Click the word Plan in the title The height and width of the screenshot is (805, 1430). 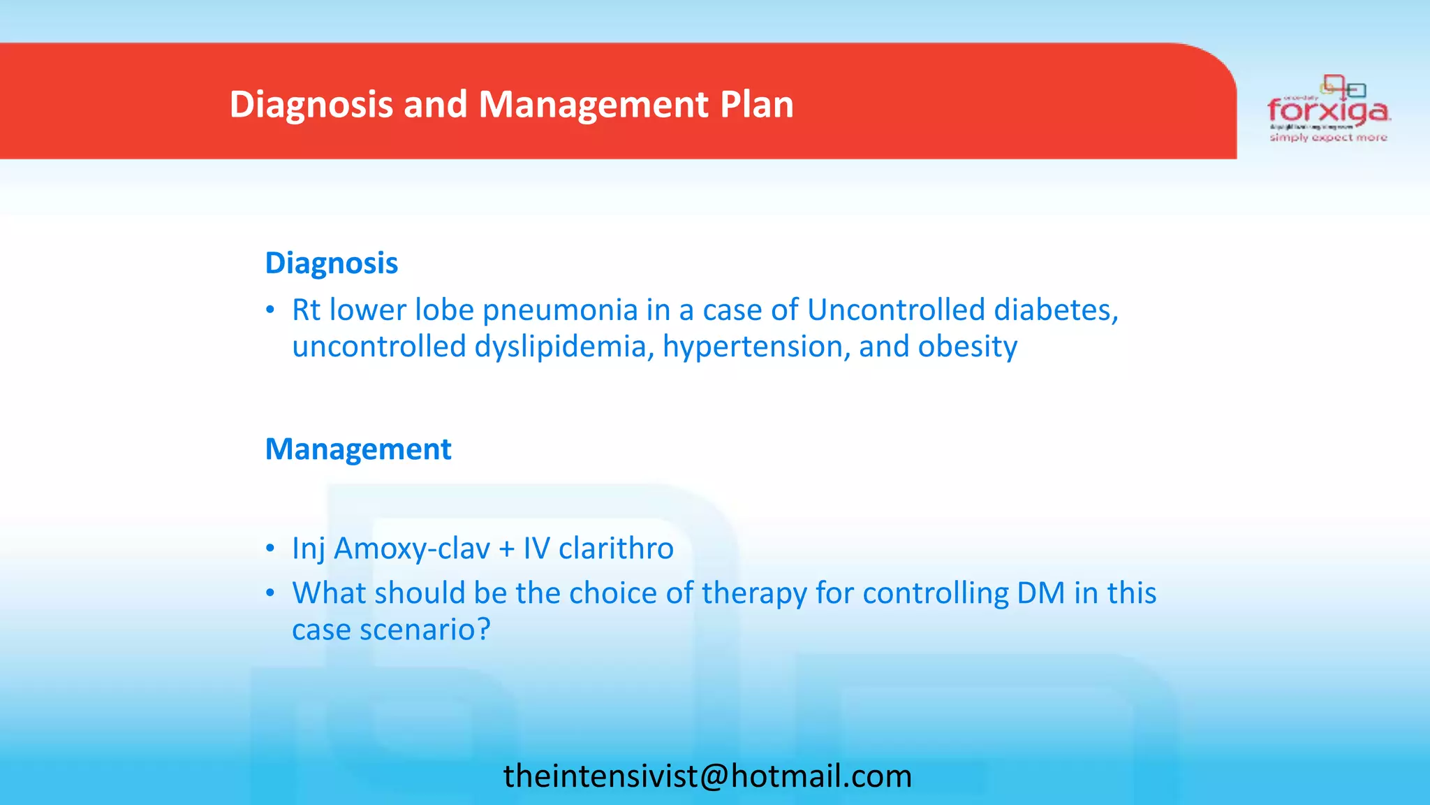tap(756, 104)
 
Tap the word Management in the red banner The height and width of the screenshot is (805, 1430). tap(594, 104)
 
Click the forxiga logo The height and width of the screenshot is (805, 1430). tap(1329, 110)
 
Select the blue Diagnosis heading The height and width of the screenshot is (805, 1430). tap(331, 263)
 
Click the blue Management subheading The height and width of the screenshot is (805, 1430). tap(358, 449)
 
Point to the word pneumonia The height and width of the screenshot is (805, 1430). tap(560, 310)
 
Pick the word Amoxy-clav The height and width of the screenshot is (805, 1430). tap(412, 549)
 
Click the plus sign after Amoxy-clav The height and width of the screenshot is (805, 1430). tap(507, 549)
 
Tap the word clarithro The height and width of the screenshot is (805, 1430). tap(616, 549)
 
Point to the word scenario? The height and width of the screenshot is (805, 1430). tap(425, 630)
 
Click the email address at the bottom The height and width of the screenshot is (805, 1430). tap(707, 776)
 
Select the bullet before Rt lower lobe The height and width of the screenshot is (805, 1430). tap(270, 311)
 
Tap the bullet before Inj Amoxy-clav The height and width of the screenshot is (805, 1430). tap(270, 549)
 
